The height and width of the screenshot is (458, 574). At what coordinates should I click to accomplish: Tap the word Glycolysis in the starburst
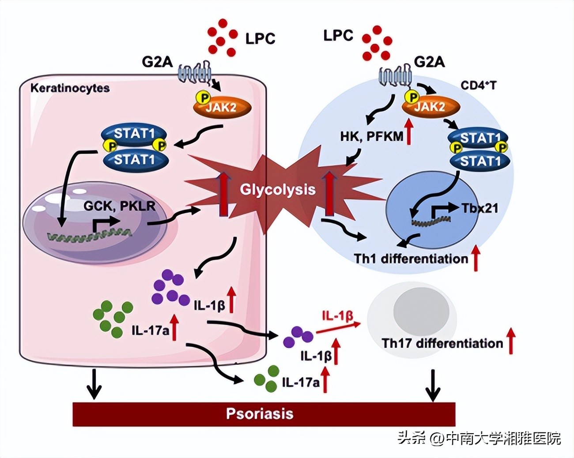point(278,189)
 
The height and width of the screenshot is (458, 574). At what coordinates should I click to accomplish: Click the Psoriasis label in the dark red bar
point(260,414)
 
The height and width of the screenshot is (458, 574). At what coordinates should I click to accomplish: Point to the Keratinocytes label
point(70,88)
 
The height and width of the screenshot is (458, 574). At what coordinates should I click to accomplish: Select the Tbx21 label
point(480,208)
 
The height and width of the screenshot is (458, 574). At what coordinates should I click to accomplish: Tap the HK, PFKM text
point(371,136)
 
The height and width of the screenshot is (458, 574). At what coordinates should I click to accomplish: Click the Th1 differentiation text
point(411,258)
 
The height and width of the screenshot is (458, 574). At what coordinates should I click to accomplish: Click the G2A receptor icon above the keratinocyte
point(194,72)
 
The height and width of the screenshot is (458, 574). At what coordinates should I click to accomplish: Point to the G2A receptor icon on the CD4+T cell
point(396,75)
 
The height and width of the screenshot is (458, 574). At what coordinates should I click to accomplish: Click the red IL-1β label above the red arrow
point(337,315)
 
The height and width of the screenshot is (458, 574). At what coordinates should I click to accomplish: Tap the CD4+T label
point(479,85)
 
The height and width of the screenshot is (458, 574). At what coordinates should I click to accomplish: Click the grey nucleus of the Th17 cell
point(422,309)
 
